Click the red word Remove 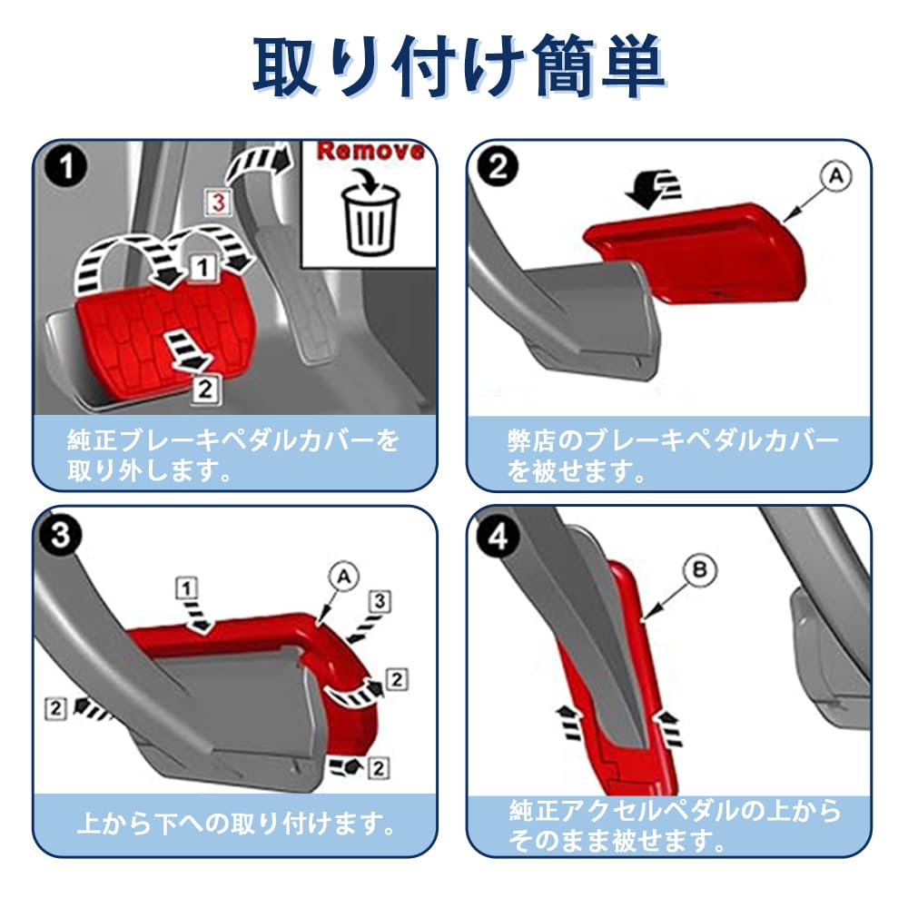click(370, 151)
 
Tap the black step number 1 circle click(66, 167)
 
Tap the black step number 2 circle click(498, 167)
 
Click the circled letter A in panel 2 click(835, 176)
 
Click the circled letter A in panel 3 click(344, 577)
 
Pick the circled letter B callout click(699, 570)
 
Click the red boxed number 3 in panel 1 click(219, 202)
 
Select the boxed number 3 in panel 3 click(380, 602)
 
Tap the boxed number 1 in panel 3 click(186, 589)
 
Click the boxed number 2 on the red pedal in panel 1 click(205, 390)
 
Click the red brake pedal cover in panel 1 click(165, 336)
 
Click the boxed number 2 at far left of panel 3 click(56, 708)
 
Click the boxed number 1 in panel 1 click(202, 268)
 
